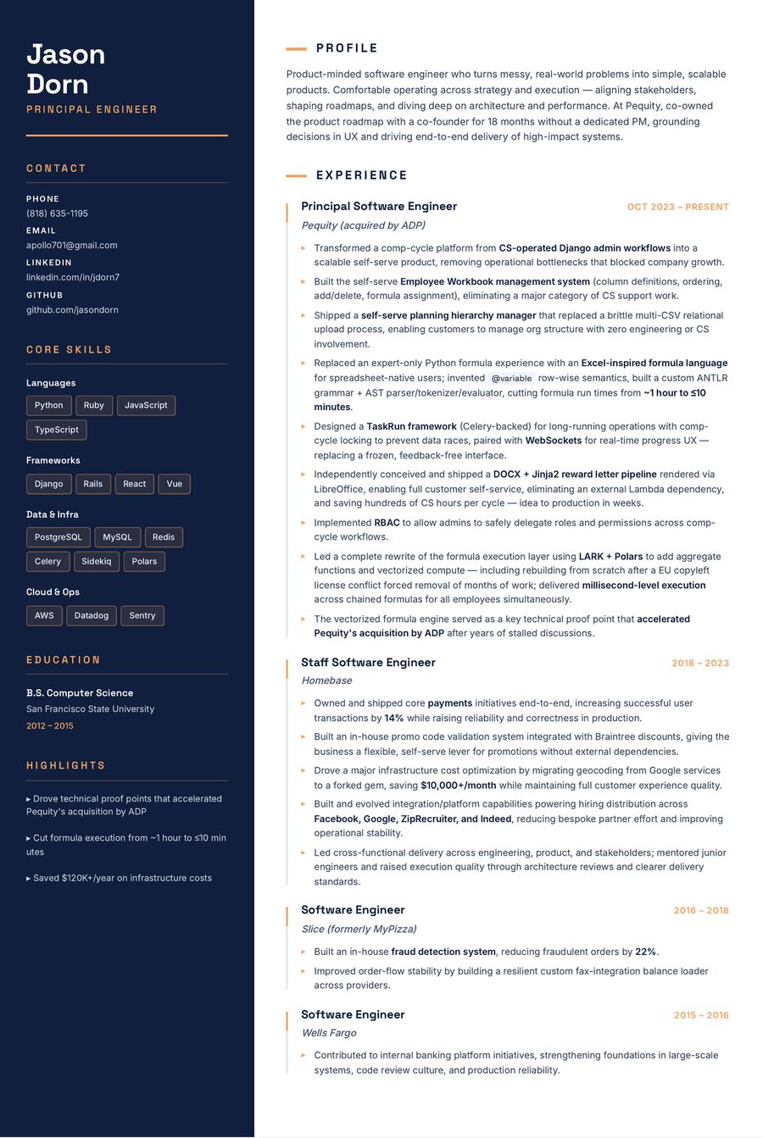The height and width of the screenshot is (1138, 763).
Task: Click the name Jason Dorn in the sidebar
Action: tap(65, 69)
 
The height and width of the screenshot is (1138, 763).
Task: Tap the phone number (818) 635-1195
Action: tap(57, 214)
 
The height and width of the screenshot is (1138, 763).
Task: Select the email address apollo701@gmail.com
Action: tap(71, 245)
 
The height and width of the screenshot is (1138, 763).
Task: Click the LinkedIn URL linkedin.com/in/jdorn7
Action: tap(72, 277)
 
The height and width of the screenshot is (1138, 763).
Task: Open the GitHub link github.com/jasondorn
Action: tap(72, 309)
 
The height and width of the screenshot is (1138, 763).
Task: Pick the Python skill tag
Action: tap(48, 405)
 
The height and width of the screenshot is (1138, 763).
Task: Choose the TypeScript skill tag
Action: tap(56, 430)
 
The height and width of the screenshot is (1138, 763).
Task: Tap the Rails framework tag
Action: tap(92, 484)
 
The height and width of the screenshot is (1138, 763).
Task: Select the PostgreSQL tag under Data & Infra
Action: tap(58, 537)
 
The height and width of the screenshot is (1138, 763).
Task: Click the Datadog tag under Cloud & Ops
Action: tap(91, 615)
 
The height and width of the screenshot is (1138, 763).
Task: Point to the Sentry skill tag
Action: tap(142, 615)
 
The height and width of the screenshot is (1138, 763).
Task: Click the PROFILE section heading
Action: tap(347, 48)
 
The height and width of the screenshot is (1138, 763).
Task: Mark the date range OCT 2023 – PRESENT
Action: tap(677, 207)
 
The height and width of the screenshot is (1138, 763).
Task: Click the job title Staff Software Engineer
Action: tap(368, 663)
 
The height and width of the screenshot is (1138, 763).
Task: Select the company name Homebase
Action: tap(326, 680)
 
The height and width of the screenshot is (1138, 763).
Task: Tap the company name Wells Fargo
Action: tap(329, 1033)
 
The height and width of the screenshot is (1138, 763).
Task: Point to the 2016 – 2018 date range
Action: tap(700, 911)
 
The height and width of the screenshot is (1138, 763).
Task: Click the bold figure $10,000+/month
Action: tap(458, 785)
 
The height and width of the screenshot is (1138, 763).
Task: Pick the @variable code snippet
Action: tap(511, 379)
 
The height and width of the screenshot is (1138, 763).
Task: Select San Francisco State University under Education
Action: tap(90, 709)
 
